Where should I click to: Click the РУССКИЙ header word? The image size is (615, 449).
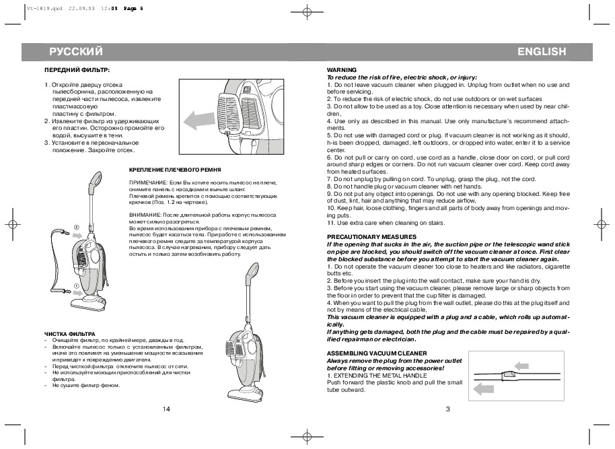point(75,53)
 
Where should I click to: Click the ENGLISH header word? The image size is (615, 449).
point(542,53)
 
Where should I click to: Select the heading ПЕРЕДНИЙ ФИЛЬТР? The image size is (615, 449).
point(77,70)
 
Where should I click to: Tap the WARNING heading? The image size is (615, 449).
point(341,70)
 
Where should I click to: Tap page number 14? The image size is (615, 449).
point(167,409)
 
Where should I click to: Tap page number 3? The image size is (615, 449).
point(447,409)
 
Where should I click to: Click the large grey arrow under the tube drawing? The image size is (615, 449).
point(490,388)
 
